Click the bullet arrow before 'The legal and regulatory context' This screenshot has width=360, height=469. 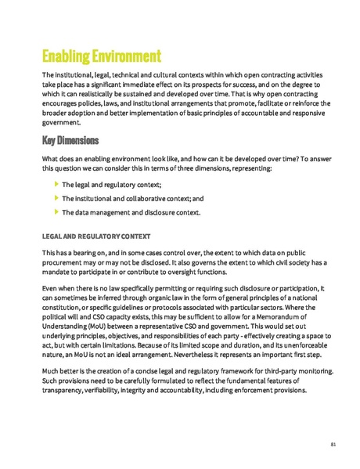(56, 184)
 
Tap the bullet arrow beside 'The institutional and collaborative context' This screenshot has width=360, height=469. (56, 198)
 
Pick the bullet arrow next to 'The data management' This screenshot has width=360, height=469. (56, 212)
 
